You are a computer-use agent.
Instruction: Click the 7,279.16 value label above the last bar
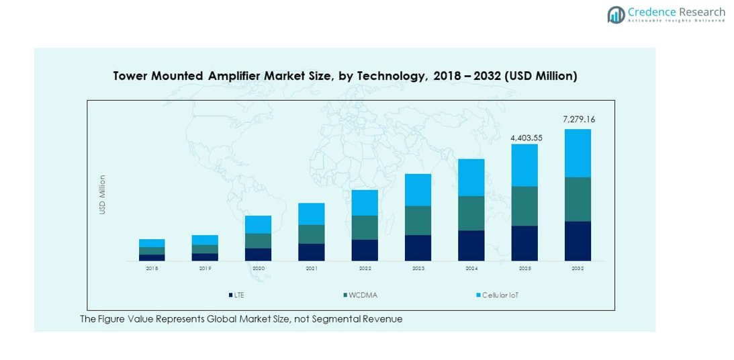point(578,120)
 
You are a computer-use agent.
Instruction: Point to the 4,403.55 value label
point(526,138)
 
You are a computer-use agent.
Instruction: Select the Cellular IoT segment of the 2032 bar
point(578,153)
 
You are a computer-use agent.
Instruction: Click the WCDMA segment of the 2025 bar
point(524,206)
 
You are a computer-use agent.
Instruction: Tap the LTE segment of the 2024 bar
point(471,245)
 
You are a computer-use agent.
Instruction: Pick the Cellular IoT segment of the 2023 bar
point(418,189)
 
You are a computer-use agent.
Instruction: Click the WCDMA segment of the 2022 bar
point(365,227)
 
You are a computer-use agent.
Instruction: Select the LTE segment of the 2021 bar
point(312,252)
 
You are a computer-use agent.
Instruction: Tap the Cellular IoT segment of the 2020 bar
point(258,224)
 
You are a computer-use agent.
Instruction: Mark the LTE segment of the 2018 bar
point(152,257)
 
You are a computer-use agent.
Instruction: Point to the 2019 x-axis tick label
point(205,268)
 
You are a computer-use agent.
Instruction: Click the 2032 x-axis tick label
point(578,268)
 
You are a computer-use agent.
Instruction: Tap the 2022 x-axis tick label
point(365,268)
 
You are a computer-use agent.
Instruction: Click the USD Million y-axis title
point(103,195)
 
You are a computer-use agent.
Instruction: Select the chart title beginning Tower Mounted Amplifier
point(345,76)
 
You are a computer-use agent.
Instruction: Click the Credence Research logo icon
point(616,15)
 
